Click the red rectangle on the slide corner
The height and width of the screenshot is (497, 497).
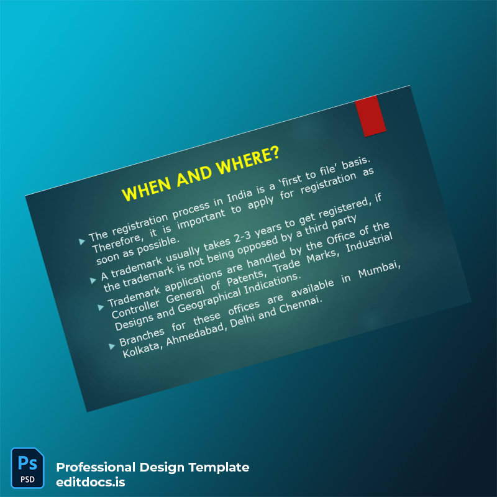point(370,117)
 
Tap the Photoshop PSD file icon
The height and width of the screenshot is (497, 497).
point(27,468)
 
